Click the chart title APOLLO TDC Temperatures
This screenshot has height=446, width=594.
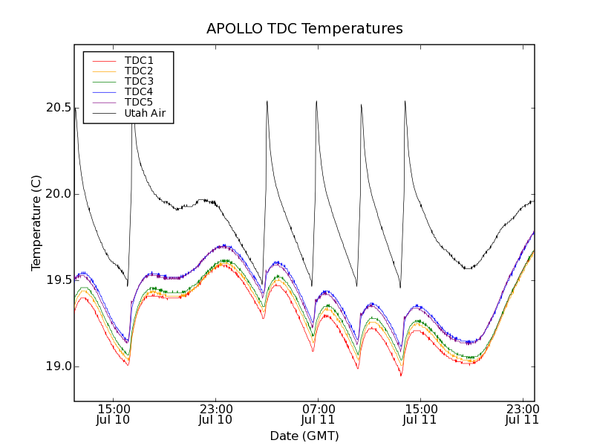click(304, 29)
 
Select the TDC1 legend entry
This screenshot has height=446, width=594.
click(139, 60)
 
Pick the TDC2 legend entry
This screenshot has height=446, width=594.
click(139, 71)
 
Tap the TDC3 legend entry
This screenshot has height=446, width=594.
click(139, 81)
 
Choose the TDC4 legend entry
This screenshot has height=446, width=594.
click(139, 91)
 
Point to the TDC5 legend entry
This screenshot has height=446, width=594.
click(139, 102)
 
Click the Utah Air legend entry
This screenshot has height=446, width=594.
click(145, 113)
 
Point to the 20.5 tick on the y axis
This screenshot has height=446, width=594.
click(58, 108)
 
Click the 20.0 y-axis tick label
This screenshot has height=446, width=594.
click(58, 194)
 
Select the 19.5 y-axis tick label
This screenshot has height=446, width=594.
click(58, 280)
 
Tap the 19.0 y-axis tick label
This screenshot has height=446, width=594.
click(58, 366)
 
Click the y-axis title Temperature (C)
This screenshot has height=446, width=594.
click(36, 223)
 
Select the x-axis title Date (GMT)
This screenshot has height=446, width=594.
click(304, 436)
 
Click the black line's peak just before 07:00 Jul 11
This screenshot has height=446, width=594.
click(316, 101)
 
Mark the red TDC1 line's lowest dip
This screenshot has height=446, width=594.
click(401, 375)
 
